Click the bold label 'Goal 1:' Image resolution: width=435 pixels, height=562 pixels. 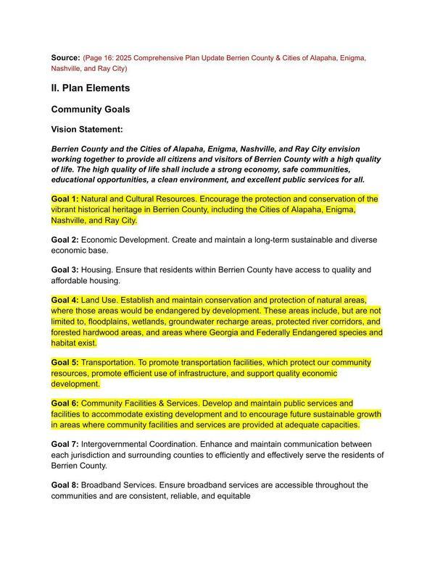(65, 198)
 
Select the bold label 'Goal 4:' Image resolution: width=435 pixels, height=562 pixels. (65, 300)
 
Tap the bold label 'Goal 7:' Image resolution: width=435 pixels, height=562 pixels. (65, 444)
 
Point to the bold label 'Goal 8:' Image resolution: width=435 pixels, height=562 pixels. (65, 485)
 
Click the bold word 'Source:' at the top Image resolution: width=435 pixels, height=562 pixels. (65, 57)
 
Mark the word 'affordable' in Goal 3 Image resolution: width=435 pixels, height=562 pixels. (73, 281)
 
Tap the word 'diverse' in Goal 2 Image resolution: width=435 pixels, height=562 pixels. (361, 240)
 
